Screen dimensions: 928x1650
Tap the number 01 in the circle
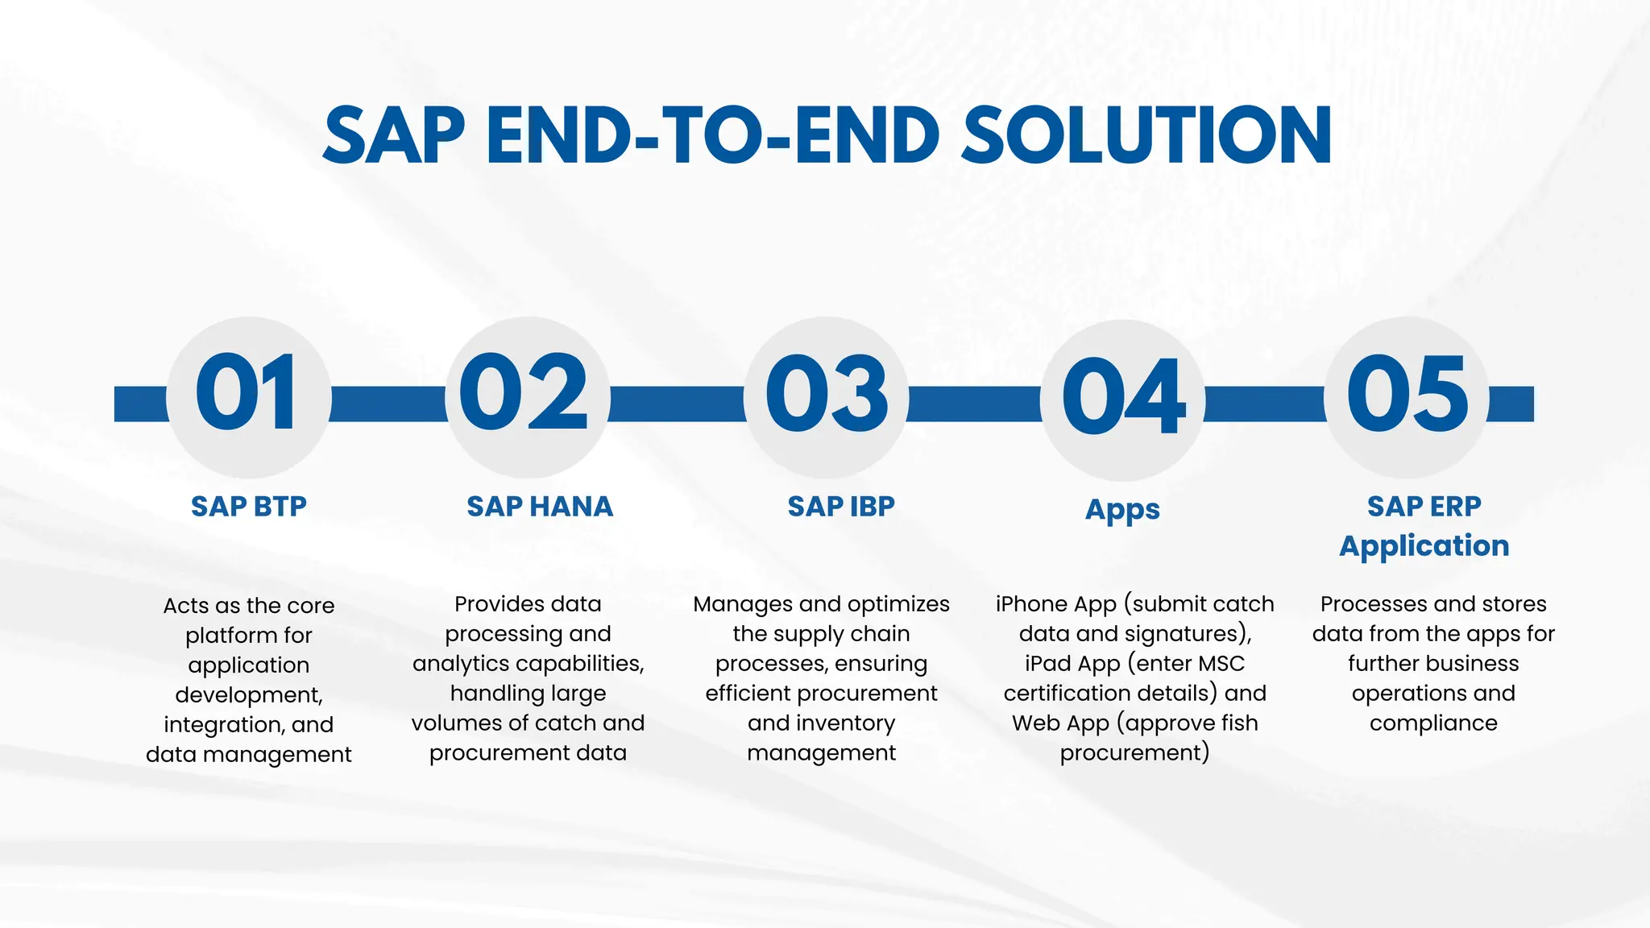point(247,395)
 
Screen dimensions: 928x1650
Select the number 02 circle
point(525,395)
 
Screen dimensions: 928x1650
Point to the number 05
point(1407,395)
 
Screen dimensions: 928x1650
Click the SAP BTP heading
point(249,507)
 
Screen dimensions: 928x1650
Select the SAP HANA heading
point(540,507)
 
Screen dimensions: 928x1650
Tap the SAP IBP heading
point(841,507)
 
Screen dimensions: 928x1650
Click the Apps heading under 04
point(1122,510)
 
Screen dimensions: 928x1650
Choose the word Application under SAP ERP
point(1424,546)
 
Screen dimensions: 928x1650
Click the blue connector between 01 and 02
point(388,404)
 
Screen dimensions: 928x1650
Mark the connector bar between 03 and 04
point(974,404)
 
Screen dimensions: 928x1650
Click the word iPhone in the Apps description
point(1031,604)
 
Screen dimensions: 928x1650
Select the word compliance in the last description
point(1433,723)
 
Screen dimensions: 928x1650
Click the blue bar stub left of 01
point(140,404)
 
